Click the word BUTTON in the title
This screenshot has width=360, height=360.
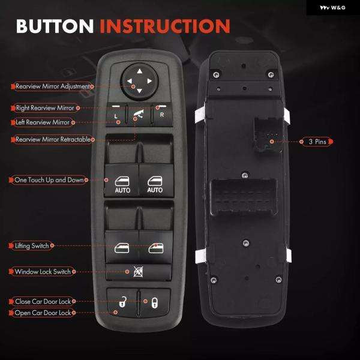click(55, 26)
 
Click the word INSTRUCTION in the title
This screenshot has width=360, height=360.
click(165, 26)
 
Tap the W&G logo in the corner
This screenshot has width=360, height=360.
click(332, 8)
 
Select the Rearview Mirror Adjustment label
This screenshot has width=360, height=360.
click(53, 86)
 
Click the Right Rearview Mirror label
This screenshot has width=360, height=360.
click(45, 108)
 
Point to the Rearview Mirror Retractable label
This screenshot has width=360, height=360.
click(53, 139)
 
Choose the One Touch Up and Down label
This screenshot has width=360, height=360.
click(49, 180)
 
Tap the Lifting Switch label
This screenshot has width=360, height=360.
click(32, 245)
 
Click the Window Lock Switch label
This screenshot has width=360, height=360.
click(43, 272)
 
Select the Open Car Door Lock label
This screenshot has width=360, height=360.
click(43, 313)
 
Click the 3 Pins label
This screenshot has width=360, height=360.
click(317, 142)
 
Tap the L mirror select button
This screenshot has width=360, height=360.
click(116, 114)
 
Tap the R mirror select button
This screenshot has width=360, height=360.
click(162, 114)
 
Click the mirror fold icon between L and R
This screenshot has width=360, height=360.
click(139, 114)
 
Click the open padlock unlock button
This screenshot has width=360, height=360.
click(122, 302)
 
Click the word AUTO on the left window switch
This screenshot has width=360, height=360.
click(122, 190)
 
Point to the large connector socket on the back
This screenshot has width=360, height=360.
click(244, 197)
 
